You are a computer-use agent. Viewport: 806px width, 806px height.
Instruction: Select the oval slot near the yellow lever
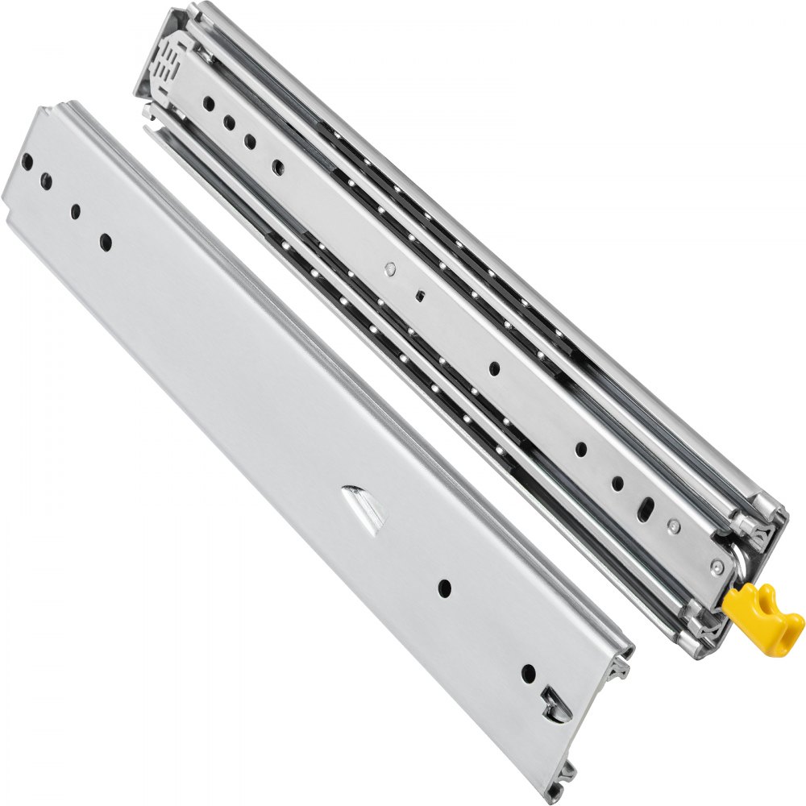(647, 510)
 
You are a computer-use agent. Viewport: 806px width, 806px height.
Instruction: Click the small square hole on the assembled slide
(420, 295)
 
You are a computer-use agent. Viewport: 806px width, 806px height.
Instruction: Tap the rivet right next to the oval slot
(674, 528)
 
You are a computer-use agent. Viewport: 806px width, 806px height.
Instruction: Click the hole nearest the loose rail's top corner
(27, 162)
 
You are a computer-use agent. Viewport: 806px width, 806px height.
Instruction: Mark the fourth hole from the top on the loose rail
(106, 239)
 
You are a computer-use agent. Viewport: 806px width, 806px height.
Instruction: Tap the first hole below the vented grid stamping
(208, 103)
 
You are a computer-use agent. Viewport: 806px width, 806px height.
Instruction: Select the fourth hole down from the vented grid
(278, 167)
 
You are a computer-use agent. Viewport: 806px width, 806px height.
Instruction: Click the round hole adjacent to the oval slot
(617, 484)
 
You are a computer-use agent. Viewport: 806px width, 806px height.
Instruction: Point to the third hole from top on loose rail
(75, 211)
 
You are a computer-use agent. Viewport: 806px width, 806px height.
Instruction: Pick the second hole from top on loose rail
(46, 181)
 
